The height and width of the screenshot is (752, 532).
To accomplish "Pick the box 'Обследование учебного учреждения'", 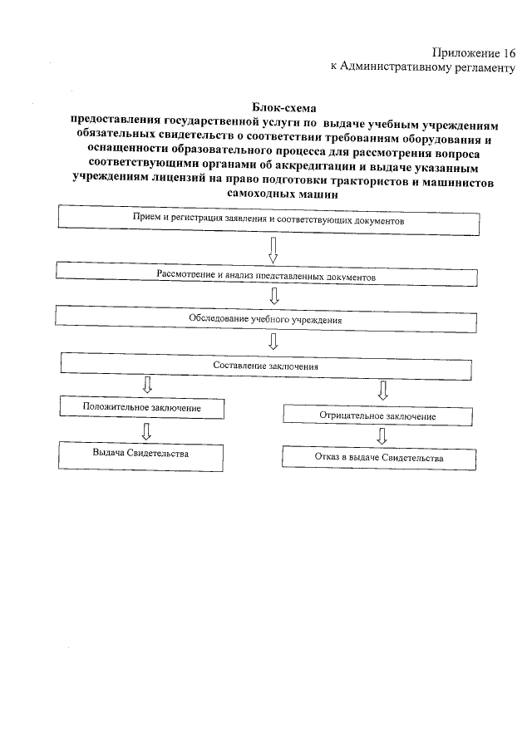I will [268, 317].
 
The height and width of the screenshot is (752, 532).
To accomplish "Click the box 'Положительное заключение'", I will [142, 407].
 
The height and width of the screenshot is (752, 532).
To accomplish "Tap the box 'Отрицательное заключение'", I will [377, 415].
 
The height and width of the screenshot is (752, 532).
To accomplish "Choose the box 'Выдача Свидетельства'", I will [140, 455].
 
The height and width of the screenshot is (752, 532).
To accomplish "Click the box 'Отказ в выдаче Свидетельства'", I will [379, 458].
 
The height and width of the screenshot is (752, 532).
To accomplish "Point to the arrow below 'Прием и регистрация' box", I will [273, 248].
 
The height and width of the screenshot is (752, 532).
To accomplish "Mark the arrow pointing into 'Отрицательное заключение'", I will [383, 389].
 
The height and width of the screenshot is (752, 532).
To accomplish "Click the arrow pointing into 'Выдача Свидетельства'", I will [146, 430].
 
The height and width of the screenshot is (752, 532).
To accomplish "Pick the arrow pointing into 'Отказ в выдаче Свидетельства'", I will [382, 435].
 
